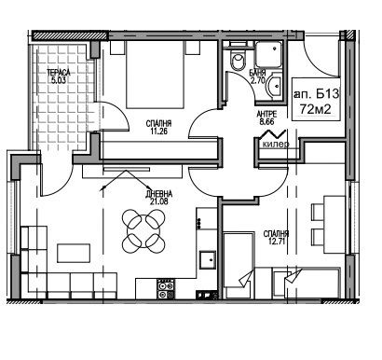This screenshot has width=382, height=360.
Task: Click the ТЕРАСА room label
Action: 59,73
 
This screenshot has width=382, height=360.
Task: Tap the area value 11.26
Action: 158,131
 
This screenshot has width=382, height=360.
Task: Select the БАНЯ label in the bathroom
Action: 257,73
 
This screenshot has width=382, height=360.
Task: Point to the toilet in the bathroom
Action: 239,58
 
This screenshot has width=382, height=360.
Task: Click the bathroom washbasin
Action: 274,85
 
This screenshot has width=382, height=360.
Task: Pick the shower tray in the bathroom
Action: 269,53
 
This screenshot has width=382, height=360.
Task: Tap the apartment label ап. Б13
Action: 317,93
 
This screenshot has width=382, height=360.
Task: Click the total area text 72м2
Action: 315,109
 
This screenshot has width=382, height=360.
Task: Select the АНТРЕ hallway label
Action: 266,115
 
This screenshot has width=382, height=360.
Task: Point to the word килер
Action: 276,145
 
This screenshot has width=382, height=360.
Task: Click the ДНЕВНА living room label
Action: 158,194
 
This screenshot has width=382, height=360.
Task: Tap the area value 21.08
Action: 158,201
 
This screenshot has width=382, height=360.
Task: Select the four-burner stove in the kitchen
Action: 166,289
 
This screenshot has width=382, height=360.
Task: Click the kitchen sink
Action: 208,259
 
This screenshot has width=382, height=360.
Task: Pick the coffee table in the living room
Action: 74,254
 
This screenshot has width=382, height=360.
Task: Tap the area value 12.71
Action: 275,241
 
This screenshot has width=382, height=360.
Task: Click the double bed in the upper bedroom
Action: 156,75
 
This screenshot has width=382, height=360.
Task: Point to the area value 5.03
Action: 59,80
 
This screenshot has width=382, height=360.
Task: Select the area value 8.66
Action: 266,121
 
